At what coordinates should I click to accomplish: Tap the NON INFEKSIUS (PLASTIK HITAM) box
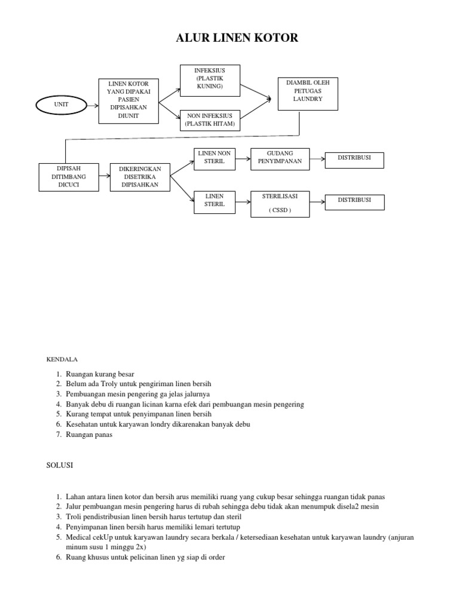coord(210,120)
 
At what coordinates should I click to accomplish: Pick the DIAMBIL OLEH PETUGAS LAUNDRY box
coord(308,93)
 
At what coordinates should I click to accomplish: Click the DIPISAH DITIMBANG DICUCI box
coord(60,177)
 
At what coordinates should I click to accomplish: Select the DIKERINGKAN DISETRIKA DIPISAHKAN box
coord(140,177)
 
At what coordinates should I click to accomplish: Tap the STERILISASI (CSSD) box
coord(280,203)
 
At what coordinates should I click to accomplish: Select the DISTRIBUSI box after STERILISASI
coord(354,202)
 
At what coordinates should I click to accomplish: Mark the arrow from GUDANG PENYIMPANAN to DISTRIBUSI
coord(317,158)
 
